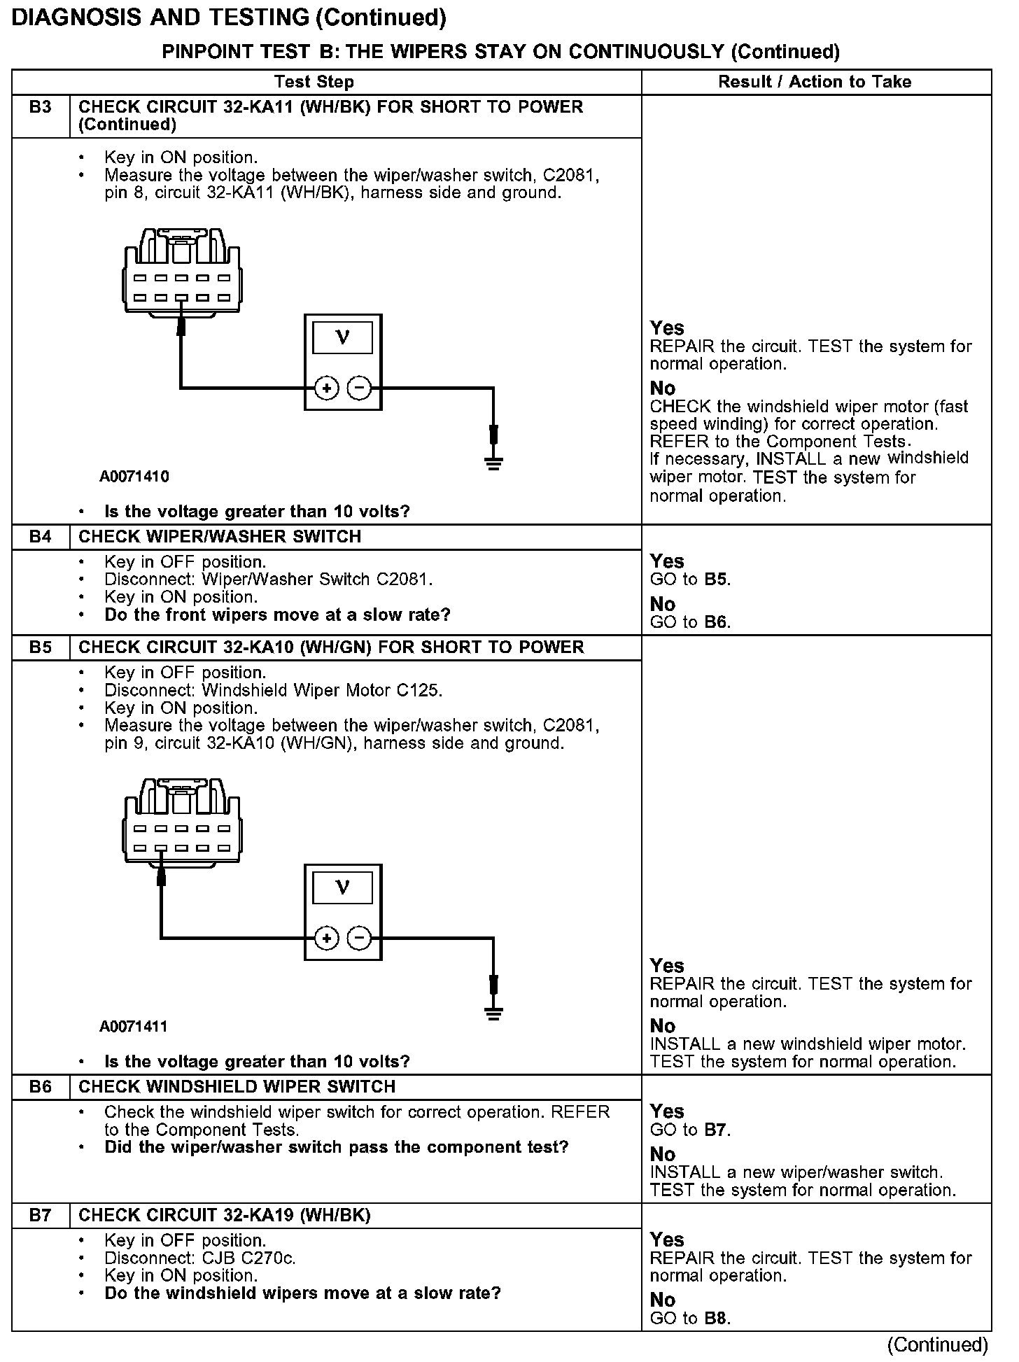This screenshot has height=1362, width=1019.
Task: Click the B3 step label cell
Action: pos(41,108)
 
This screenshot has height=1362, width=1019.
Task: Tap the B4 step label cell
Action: pos(41,537)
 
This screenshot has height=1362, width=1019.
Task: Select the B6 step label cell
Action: pos(41,1087)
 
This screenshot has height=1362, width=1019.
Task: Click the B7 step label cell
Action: pos(41,1216)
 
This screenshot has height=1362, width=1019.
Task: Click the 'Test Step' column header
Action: pos(314,82)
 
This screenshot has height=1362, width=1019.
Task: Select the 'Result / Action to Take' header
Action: pos(815,82)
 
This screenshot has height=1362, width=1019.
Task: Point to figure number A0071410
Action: pos(134,477)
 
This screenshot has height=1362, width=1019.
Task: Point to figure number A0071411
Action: pos(134,1027)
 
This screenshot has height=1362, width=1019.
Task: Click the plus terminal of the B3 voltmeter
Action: pos(326,388)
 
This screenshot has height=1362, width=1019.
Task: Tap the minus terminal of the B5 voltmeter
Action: pos(360,938)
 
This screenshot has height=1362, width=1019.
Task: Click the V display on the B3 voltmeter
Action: pos(342,338)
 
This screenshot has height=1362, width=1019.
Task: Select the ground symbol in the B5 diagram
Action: pos(493,1012)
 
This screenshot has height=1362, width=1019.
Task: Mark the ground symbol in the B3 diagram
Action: pos(493,462)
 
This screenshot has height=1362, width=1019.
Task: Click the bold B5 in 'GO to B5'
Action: pos(717,580)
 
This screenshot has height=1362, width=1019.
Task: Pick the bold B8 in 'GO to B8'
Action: pos(717,1319)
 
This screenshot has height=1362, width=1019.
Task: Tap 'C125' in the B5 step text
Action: pos(418,690)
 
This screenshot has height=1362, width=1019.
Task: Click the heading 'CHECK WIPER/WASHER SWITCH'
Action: pos(220,537)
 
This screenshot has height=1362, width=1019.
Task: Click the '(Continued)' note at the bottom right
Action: pos(937,1345)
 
